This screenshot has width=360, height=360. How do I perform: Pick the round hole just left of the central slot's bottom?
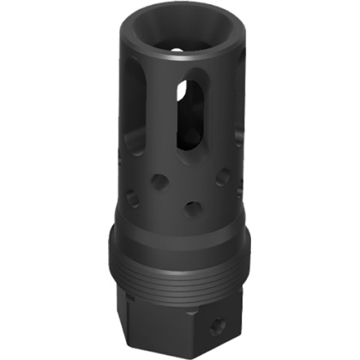159,182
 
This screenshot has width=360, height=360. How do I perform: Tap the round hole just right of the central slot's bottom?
223,177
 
